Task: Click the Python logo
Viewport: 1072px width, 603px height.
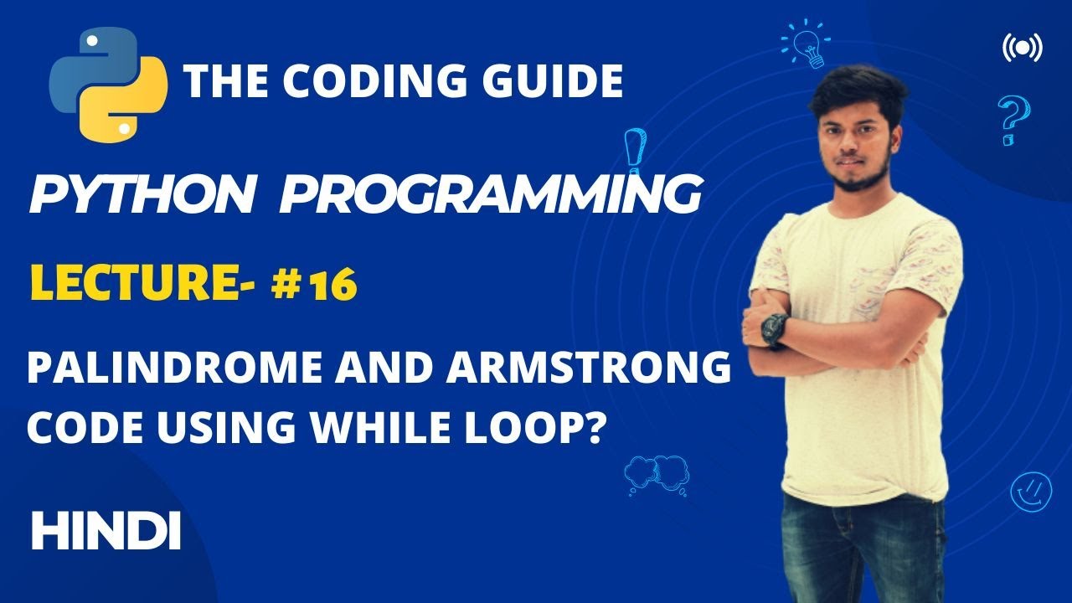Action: [x=108, y=82]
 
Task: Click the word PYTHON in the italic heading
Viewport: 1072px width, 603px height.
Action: [x=142, y=195]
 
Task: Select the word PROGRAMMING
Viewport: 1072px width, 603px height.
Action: [x=490, y=195]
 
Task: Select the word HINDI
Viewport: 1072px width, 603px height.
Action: [x=106, y=531]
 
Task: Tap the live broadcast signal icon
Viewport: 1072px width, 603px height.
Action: [x=1022, y=49]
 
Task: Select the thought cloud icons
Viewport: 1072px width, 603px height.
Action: [x=657, y=474]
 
